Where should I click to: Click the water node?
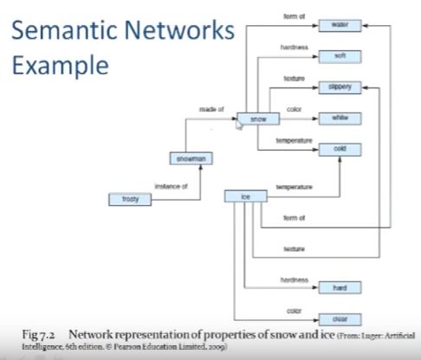pos(340,26)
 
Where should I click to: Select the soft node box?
pos(340,56)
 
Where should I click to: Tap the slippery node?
pos(340,87)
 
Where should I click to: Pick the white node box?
pos(340,118)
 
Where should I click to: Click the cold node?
pos(340,149)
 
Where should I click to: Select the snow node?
pos(258,118)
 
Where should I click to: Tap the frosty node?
pos(130,199)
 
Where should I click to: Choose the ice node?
pos(246,197)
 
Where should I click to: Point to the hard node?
pos(340,287)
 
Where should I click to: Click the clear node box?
pos(340,318)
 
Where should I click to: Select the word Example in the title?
pos(58,66)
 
